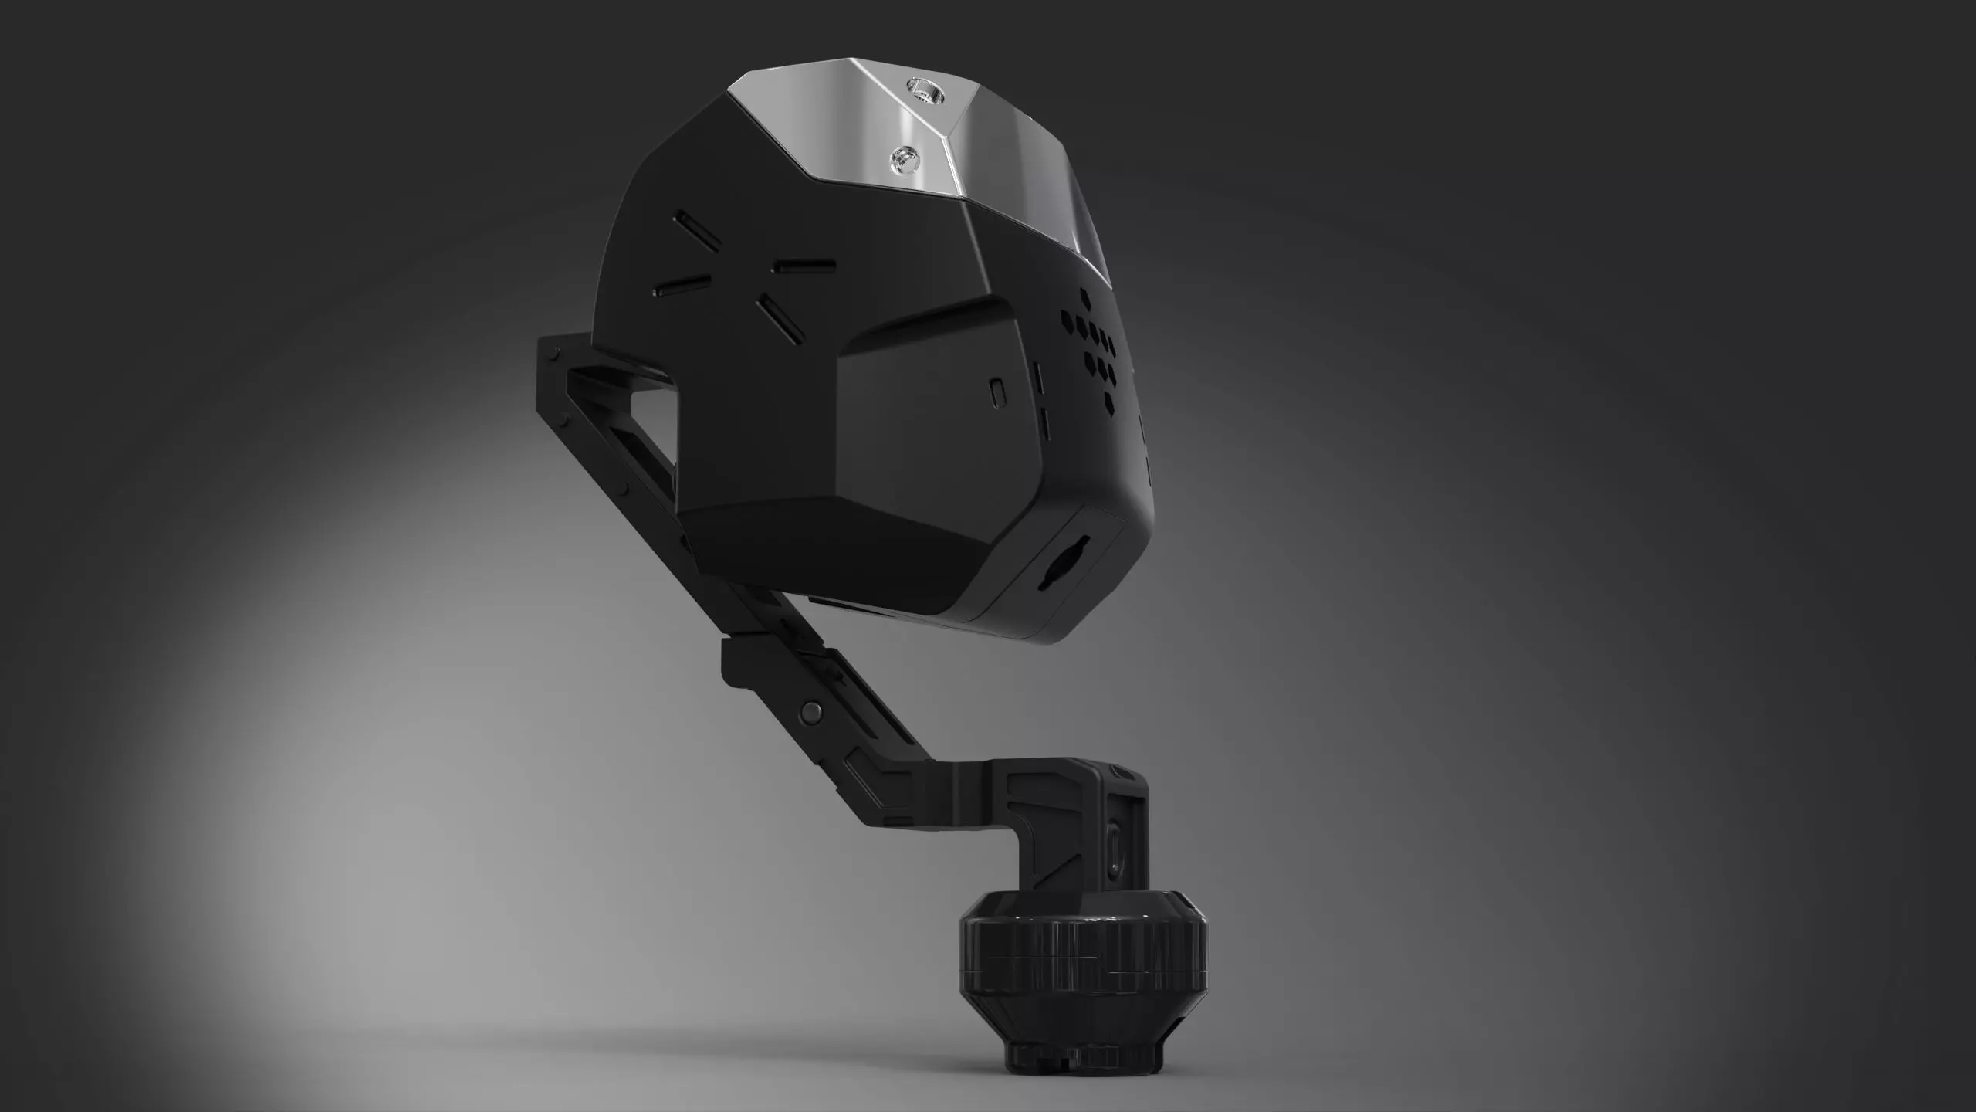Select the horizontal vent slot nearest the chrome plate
(x=803, y=265)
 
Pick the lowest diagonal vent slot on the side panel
(x=780, y=319)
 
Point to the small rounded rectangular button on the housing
(x=996, y=392)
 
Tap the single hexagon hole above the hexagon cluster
(x=1087, y=296)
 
